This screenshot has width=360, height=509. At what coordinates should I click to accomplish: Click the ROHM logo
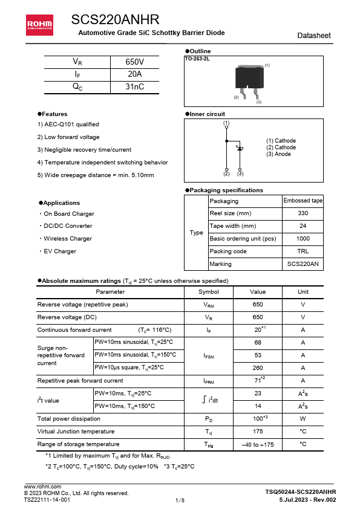(x=38, y=24)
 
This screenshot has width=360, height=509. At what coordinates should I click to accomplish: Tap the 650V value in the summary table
(x=134, y=62)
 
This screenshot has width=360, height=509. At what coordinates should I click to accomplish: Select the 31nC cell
(x=134, y=86)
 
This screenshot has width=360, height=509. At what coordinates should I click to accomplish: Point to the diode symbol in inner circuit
(x=240, y=148)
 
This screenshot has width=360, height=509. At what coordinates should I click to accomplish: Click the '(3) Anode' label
(x=278, y=154)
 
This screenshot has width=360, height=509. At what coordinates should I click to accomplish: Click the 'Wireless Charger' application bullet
(x=67, y=239)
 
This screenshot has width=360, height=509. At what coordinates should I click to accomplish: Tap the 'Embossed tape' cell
(x=303, y=201)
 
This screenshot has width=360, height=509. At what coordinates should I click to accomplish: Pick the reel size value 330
(x=303, y=213)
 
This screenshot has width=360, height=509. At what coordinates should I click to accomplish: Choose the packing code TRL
(x=303, y=251)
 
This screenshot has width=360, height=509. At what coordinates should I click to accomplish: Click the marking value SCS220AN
(x=303, y=264)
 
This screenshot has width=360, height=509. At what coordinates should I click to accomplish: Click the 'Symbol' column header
(x=209, y=292)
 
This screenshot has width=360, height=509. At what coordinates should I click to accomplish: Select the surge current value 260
(x=258, y=368)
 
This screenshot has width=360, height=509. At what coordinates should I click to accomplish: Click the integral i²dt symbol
(x=209, y=400)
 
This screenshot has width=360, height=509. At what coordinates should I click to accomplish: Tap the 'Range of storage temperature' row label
(x=78, y=444)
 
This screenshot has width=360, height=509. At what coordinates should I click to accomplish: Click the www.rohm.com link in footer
(x=42, y=487)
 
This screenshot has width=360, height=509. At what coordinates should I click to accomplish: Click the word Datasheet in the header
(x=314, y=36)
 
